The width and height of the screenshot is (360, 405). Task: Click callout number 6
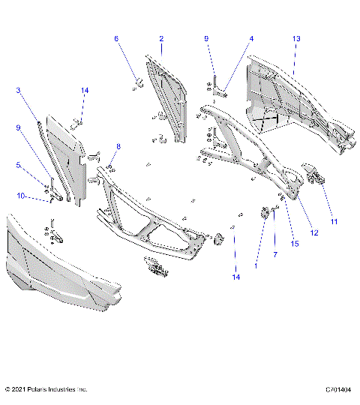coord(116,38)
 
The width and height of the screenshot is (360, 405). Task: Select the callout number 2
coord(160,38)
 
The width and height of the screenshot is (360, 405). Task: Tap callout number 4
coord(18,90)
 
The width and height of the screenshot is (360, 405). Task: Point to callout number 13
coord(251,38)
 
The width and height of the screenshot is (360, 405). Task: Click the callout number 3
coord(18,166)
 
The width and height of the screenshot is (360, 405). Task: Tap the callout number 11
coord(334,221)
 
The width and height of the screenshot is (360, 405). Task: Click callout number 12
coord(314,233)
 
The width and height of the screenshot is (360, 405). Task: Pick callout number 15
coord(295,244)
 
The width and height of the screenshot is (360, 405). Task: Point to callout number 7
coord(276,256)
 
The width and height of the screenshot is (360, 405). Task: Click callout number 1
coord(256,265)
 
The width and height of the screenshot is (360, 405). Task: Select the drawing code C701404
coord(338,390)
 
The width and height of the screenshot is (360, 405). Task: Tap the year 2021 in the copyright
coord(22,390)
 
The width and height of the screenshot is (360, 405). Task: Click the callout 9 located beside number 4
coord(207,38)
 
